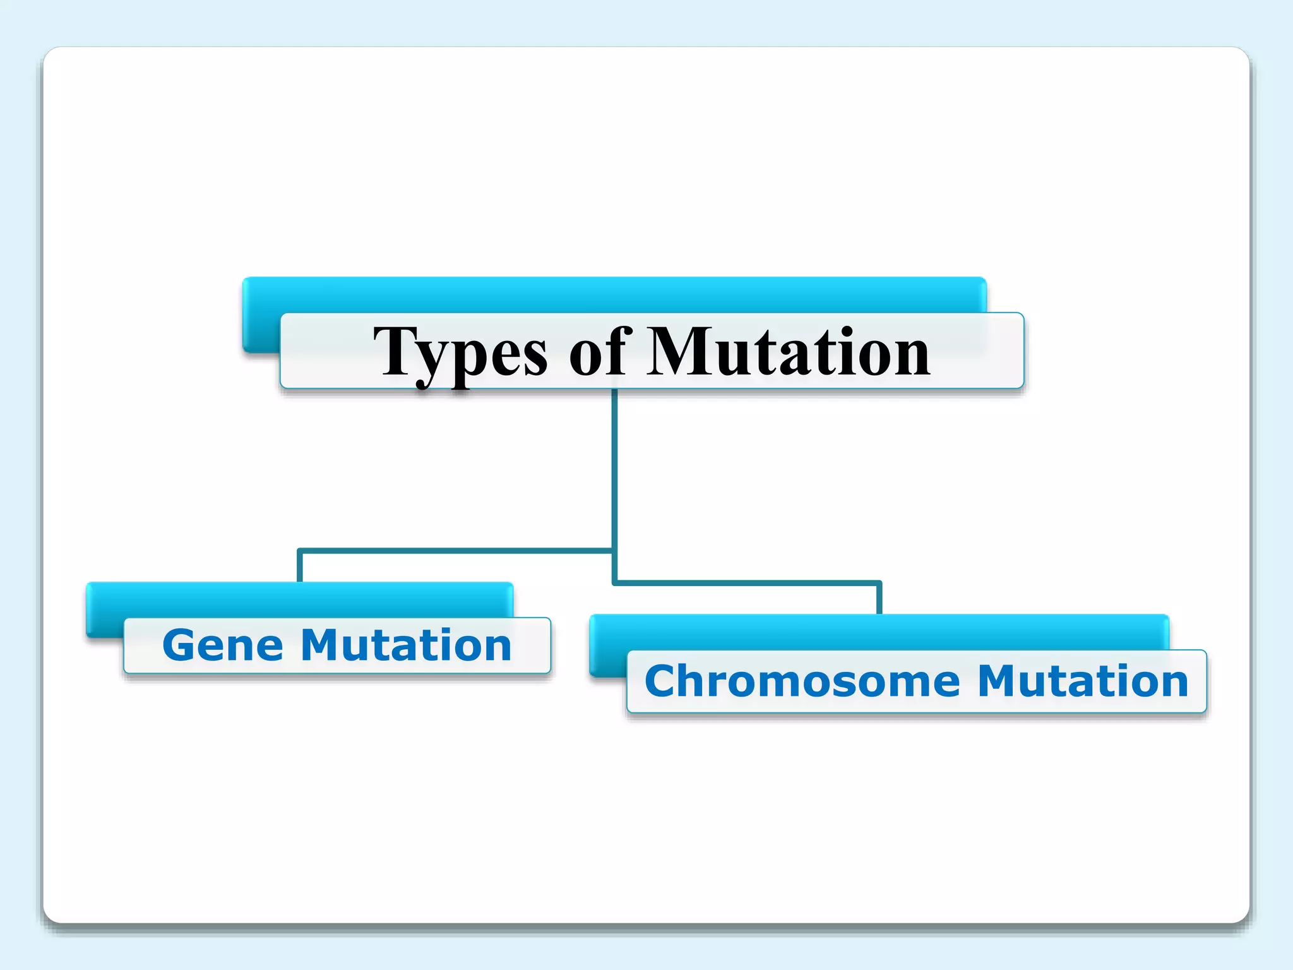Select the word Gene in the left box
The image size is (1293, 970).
click(222, 645)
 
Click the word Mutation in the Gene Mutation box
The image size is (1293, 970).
click(405, 645)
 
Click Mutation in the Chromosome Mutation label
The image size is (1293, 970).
click(1082, 681)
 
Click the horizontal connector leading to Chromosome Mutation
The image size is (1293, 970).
click(745, 582)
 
